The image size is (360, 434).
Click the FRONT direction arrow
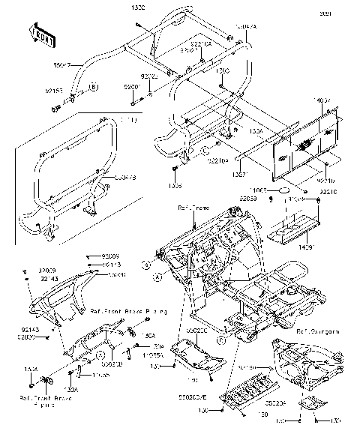coord(42,34)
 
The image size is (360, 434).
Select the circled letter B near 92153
coord(94,88)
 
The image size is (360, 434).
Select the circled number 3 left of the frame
coord(148,265)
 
